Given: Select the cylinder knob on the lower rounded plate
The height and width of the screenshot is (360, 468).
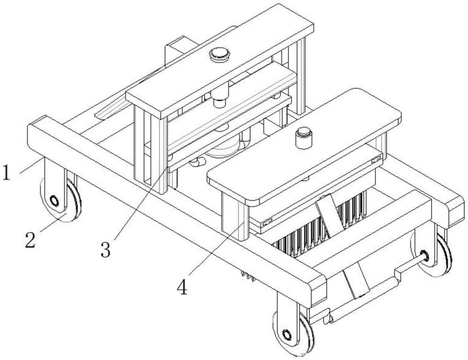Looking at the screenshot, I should (x=303, y=138).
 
